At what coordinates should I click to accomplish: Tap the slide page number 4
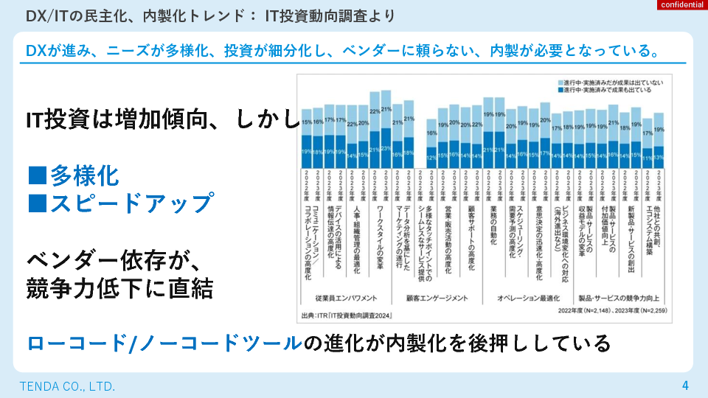[685, 385]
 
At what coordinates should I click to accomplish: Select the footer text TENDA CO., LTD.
[67, 386]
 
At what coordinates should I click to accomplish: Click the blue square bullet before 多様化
[36, 175]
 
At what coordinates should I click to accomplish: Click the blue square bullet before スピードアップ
[36, 202]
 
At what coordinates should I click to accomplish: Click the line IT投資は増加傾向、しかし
[162, 119]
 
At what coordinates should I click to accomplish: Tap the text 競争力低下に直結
[120, 288]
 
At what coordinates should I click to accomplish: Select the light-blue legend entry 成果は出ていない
[611, 80]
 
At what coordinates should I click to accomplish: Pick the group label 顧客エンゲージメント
[437, 298]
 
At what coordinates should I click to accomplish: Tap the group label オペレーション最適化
[527, 298]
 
